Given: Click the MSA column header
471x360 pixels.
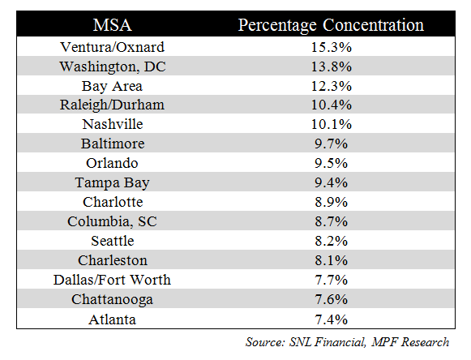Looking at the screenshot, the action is point(113,25).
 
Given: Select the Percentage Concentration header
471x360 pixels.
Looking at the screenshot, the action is point(331,26).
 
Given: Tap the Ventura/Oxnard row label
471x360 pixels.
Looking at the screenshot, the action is point(113,47).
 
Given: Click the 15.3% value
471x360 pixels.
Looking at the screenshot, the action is point(331,47).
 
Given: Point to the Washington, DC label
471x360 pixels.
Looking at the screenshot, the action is point(113,66).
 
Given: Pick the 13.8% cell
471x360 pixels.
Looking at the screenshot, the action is point(331,66).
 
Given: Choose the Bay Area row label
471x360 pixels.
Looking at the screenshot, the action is point(112,87).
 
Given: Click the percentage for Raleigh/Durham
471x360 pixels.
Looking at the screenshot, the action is point(331,105).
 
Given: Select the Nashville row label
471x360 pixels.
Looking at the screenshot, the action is point(113,124).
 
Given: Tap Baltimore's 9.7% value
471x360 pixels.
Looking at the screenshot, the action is point(331,144).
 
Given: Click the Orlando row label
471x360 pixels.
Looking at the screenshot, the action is point(112,163).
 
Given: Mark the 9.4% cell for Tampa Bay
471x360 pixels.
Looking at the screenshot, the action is point(331,182).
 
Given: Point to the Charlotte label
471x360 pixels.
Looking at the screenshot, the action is point(113,202).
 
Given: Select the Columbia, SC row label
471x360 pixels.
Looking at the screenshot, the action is point(112,222).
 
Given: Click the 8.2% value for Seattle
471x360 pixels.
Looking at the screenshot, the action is point(331,241).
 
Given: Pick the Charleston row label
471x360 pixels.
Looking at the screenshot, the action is point(113,260).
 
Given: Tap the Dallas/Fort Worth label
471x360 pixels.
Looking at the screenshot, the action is point(112,280).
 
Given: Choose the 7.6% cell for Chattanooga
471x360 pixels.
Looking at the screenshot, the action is point(331,299).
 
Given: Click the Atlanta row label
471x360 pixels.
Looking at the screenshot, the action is point(112,319).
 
